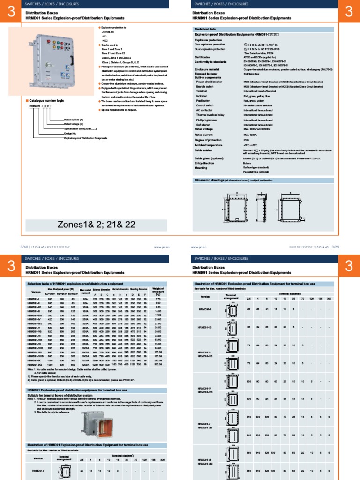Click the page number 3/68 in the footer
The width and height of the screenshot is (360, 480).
click(24, 245)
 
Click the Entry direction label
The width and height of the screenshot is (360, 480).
click(206, 163)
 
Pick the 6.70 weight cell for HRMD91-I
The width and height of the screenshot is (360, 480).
click(158, 299)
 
